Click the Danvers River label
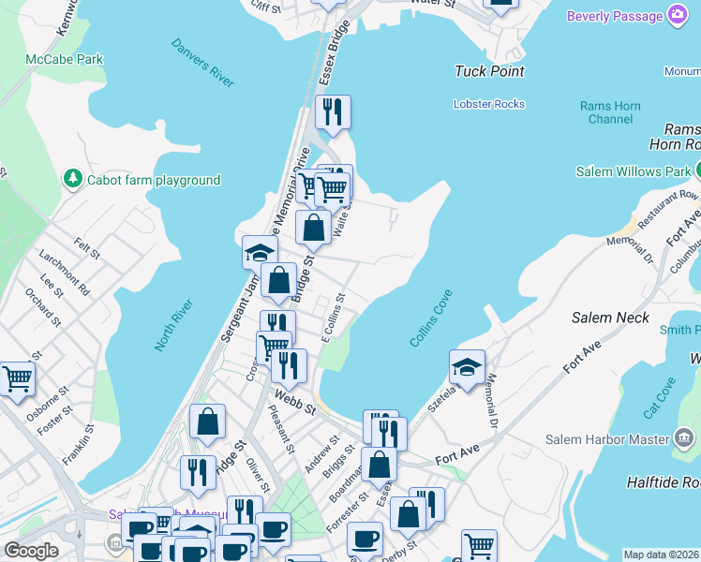click(202, 63)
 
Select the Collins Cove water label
click(431, 318)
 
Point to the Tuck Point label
click(489, 71)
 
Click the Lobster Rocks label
click(489, 104)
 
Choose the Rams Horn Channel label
click(610, 112)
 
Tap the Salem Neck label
click(610, 318)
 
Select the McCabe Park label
click(65, 59)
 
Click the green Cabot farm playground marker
click(72, 178)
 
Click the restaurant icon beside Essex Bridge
click(333, 112)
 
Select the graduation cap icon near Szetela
click(467, 367)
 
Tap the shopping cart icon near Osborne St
click(17, 379)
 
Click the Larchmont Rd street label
click(65, 273)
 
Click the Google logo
click(31, 551)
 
